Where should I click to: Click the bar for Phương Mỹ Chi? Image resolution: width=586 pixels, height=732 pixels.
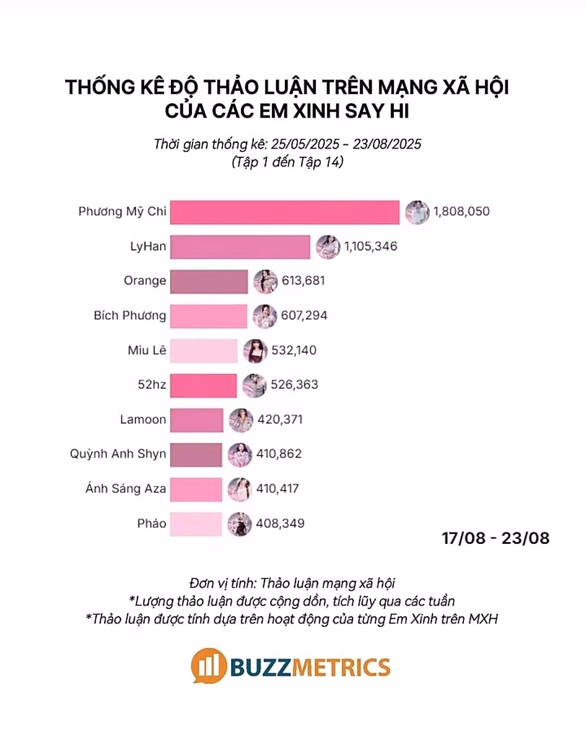click(x=284, y=212)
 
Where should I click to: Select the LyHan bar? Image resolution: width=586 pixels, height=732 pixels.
click(x=240, y=247)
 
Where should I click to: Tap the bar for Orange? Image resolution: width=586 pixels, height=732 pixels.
click(x=209, y=281)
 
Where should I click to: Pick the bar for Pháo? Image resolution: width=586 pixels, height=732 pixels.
click(x=196, y=524)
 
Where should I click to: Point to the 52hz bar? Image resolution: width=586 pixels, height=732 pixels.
click(x=203, y=385)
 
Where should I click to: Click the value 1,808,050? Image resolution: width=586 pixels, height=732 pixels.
click(x=461, y=211)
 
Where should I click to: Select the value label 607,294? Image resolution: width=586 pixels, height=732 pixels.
click(x=304, y=316)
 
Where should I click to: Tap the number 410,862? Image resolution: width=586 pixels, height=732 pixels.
click(x=279, y=454)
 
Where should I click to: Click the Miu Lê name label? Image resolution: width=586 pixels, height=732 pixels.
click(x=146, y=350)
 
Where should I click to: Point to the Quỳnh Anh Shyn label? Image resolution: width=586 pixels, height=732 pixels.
click(x=118, y=454)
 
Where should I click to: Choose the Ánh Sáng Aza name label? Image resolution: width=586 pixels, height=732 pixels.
click(x=125, y=489)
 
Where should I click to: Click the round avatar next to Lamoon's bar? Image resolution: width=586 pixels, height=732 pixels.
click(x=241, y=420)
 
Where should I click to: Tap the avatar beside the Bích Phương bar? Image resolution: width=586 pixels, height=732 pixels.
click(x=265, y=316)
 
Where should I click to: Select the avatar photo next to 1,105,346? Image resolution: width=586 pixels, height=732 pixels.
click(x=328, y=247)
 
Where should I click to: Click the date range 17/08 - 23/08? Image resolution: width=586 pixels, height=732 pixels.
click(x=495, y=538)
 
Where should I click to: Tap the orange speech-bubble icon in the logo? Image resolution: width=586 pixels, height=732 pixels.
click(x=208, y=665)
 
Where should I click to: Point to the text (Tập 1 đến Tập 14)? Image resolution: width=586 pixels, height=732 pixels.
click(x=288, y=162)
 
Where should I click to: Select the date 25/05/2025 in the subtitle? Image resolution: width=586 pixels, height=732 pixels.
click(x=305, y=144)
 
